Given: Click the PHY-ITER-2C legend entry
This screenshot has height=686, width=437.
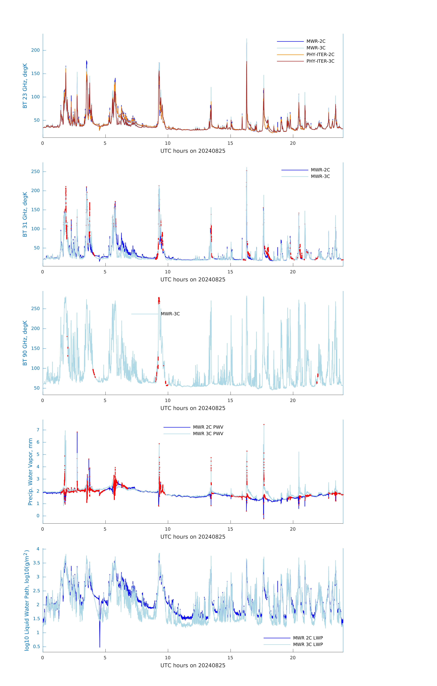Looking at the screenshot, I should (320, 54).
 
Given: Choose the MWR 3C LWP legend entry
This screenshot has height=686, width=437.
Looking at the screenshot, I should (308, 644).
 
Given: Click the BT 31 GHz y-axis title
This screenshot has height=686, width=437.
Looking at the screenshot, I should (25, 214).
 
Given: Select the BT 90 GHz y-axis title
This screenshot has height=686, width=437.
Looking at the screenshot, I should (25, 343).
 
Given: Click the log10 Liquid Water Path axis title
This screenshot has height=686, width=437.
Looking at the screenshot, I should (27, 600).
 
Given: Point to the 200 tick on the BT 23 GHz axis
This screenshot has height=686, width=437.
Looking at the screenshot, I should (35, 50).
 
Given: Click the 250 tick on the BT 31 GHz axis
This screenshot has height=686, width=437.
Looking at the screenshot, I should (35, 171).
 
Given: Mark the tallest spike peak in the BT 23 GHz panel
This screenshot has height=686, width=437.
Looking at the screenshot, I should (247, 39).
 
